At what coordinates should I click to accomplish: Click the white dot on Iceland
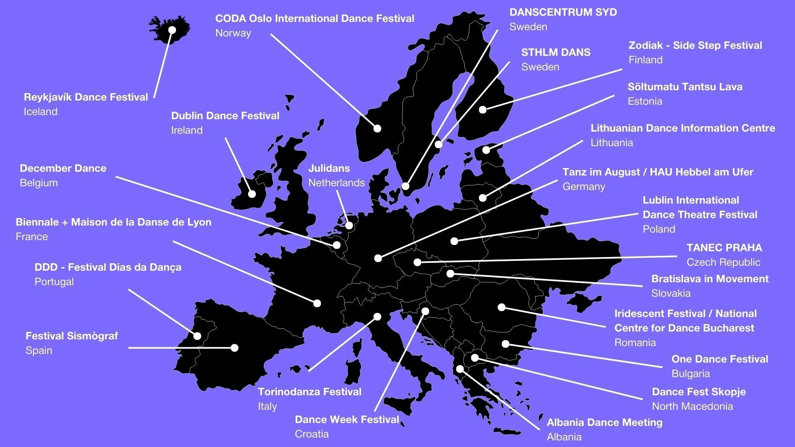[x=172, y=30]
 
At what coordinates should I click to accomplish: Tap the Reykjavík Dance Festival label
[x=86, y=97]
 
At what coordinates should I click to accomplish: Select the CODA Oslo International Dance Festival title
[x=315, y=19]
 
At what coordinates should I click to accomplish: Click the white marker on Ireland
[x=252, y=194]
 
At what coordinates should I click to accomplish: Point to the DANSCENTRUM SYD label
[x=563, y=12]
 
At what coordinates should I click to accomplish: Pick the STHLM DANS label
[x=556, y=53]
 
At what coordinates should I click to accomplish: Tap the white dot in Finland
[x=483, y=110]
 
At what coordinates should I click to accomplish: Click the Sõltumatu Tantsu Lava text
[x=685, y=87]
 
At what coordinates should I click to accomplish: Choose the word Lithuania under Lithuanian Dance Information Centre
[x=612, y=143]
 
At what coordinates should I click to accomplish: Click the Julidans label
[x=329, y=168]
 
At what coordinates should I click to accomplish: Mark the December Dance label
[x=63, y=168]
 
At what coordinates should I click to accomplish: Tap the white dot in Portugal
[x=198, y=336]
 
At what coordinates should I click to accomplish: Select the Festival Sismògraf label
[x=72, y=336]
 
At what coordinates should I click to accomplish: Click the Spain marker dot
[x=235, y=348]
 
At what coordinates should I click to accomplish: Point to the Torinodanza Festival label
[x=310, y=392]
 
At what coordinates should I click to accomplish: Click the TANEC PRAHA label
[x=724, y=248]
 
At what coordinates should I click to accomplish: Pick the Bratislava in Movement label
[x=710, y=279]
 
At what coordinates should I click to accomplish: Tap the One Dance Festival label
[x=720, y=359]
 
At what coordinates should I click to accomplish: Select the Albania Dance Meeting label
[x=605, y=423]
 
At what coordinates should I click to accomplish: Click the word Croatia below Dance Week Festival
[x=312, y=434]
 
